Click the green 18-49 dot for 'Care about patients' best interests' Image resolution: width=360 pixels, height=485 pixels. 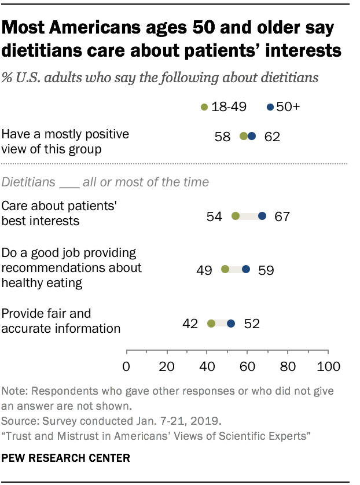tap(236, 216)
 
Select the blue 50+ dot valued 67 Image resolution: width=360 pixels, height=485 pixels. tap(262, 216)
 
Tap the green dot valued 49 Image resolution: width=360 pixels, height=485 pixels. tap(225, 269)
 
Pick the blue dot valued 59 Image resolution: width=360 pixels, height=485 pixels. tap(246, 269)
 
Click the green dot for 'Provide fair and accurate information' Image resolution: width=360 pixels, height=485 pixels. tap(211, 324)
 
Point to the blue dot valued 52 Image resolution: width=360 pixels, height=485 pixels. tap(232, 324)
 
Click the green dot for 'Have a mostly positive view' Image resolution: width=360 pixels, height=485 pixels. tap(244, 137)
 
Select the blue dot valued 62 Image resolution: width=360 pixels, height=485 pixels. tap(252, 137)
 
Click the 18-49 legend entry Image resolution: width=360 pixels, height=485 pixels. tap(222, 106)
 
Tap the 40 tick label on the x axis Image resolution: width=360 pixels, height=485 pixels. tap(207, 366)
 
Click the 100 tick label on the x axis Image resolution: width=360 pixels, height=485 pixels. tap(329, 366)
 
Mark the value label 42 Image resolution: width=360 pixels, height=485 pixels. tap(191, 324)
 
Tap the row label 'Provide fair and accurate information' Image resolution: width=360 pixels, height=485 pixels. tap(61, 321)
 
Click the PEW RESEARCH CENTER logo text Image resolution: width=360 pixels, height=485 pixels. tap(65, 458)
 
